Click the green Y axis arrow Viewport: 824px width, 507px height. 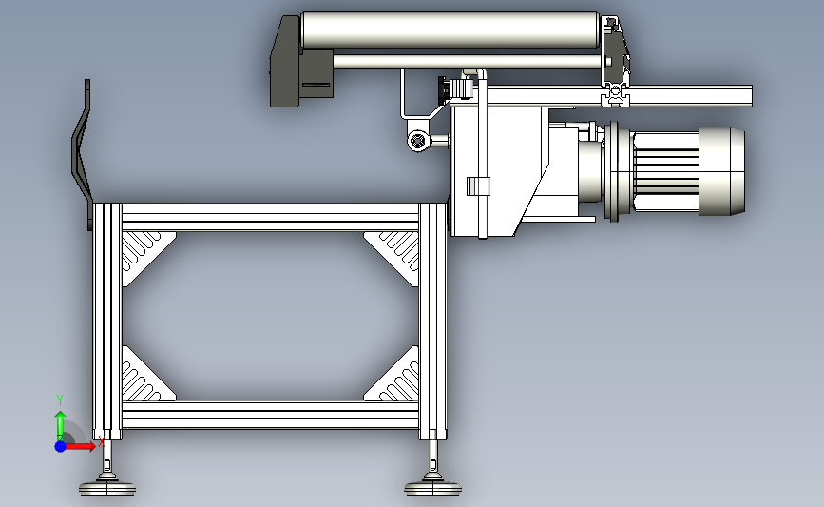point(61,425)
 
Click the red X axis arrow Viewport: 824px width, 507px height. point(80,446)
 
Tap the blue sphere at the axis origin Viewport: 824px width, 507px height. point(60,446)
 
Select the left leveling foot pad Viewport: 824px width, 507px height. point(107,488)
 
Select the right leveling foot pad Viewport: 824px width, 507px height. point(433,488)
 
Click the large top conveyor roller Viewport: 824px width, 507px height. point(450,30)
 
